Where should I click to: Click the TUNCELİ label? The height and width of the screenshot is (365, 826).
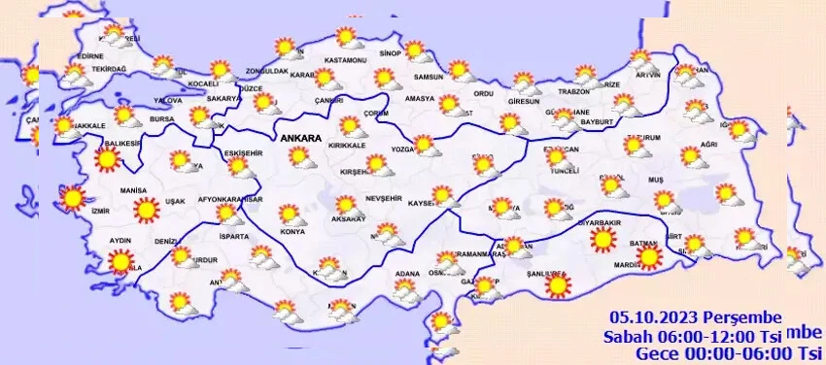(565, 170)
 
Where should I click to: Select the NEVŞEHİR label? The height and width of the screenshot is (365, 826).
(384, 197)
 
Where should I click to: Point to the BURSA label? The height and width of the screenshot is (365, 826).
(160, 121)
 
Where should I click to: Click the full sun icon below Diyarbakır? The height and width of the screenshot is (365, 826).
(603, 239)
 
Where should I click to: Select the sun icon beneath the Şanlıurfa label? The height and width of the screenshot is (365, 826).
(558, 285)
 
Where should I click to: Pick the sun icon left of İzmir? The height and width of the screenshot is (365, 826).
(71, 198)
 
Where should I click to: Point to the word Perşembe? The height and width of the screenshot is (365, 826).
(740, 315)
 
